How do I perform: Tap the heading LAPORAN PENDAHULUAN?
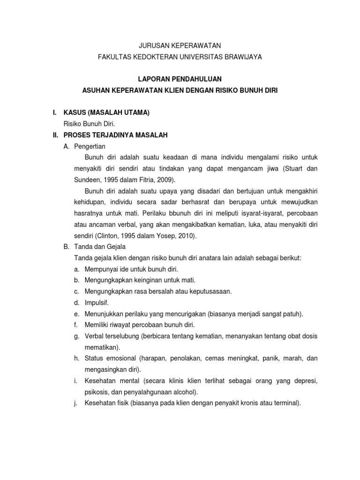click(180, 79)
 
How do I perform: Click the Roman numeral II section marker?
click(55, 135)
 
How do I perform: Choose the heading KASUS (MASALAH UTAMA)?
click(106, 112)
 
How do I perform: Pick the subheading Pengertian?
click(90, 146)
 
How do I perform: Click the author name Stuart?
click(292, 169)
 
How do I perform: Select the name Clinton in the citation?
click(111, 236)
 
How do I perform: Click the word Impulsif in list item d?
click(97, 303)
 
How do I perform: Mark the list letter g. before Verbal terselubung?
click(76, 337)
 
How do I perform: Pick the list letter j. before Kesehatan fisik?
click(76, 403)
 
